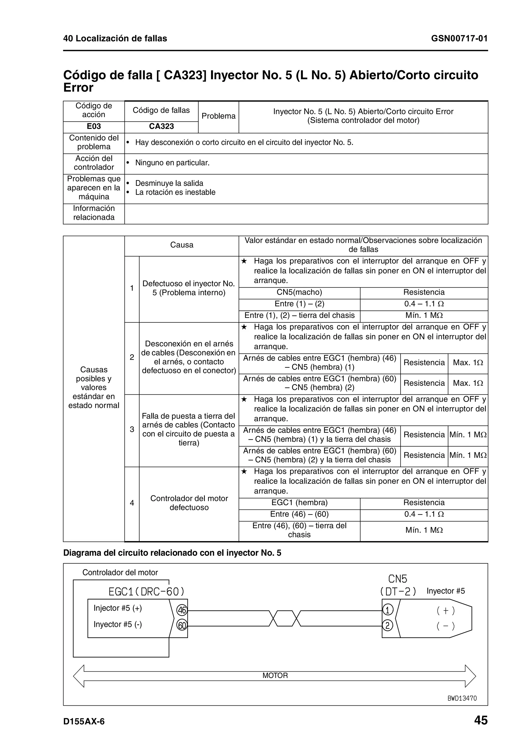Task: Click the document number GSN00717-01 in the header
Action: click(459, 39)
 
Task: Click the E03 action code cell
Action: click(94, 126)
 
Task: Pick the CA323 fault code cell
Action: click(161, 126)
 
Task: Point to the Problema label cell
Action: click(218, 116)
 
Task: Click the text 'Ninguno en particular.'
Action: click(172, 163)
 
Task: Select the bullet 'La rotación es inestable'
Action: click(175, 192)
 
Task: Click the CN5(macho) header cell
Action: click(299, 292)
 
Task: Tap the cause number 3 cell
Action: click(132, 429)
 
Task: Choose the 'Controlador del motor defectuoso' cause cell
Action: click(189, 503)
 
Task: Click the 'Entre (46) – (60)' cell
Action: click(299, 514)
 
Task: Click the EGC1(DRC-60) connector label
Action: click(146, 592)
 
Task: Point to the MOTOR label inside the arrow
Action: click(275, 676)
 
